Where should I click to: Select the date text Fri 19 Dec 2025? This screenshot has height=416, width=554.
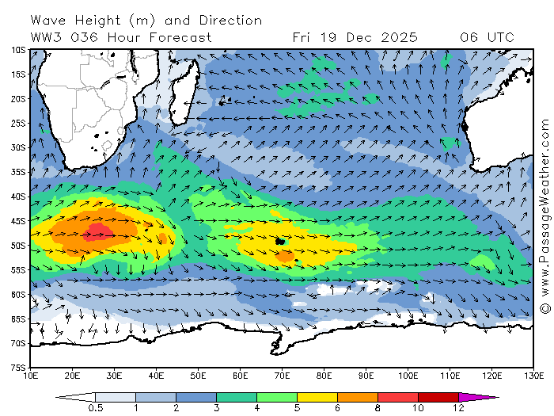(x=355, y=37)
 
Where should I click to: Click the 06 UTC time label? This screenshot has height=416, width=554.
(x=487, y=37)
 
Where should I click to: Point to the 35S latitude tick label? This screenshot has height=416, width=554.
(x=17, y=172)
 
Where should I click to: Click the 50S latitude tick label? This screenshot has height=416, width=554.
(x=17, y=246)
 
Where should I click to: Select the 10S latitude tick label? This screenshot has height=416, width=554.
(x=17, y=50)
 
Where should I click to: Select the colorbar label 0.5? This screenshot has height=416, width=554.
(x=95, y=408)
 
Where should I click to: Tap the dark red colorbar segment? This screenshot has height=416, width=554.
(x=438, y=397)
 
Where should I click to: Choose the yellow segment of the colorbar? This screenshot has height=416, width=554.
(x=317, y=397)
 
